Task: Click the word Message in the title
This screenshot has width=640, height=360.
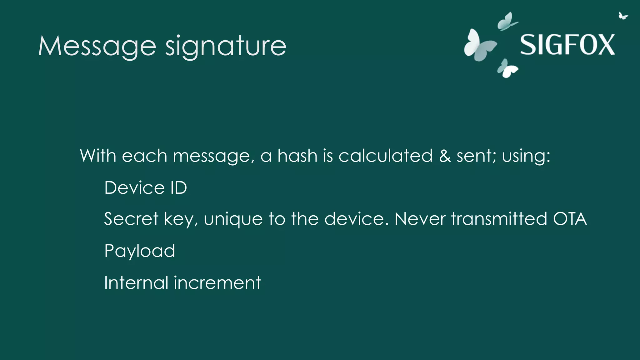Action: (x=97, y=46)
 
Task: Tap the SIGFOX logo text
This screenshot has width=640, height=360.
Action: (x=567, y=45)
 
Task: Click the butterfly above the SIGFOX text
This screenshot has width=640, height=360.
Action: (x=507, y=22)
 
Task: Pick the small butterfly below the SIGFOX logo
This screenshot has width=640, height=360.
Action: (x=507, y=68)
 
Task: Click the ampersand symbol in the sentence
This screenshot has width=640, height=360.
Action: (x=445, y=155)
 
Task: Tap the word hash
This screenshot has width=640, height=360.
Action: (x=297, y=155)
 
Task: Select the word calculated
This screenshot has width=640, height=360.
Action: (x=385, y=155)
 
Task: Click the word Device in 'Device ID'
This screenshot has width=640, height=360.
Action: (x=134, y=187)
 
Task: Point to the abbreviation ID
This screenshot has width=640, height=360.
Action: (x=178, y=187)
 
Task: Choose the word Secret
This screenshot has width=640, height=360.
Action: (x=131, y=218)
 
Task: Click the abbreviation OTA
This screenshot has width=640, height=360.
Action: (x=570, y=218)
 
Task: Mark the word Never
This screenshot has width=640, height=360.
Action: (x=420, y=218)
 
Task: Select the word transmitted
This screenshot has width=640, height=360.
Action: (x=499, y=218)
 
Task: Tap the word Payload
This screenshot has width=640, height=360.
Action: (x=140, y=251)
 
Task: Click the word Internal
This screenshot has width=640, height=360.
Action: (x=136, y=282)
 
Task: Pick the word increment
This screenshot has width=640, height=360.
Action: (x=217, y=282)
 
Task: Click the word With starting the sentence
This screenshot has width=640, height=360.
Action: (x=98, y=155)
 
